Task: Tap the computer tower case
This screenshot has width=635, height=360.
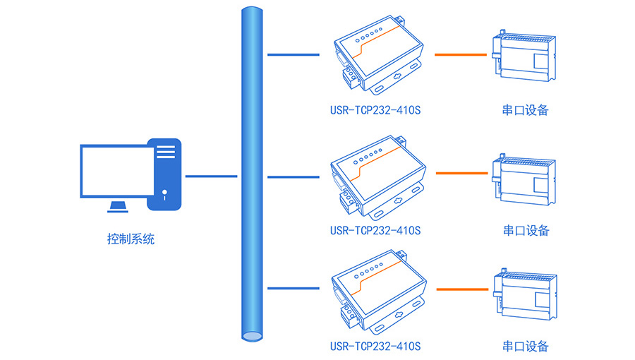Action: click(164, 174)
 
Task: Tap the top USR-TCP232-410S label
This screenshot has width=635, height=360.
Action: click(375, 110)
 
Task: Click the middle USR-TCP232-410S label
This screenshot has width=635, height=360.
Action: click(375, 230)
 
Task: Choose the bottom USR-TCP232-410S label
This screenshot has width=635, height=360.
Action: click(375, 346)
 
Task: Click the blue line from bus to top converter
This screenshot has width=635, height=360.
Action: click(293, 54)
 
